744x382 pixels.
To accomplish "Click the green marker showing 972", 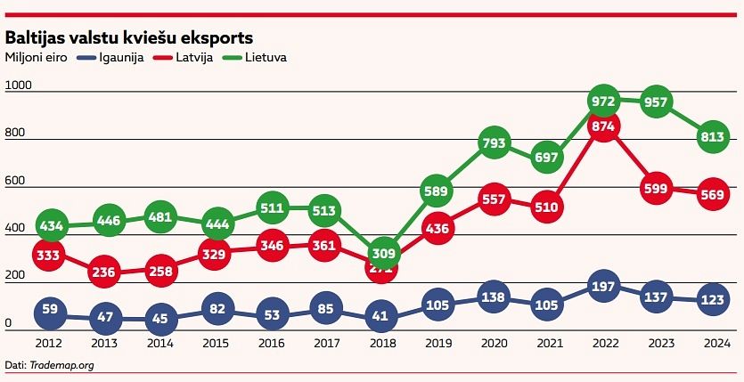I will coord(604,101).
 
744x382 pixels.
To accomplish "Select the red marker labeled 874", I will coord(604,127).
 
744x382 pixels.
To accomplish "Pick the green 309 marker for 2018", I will coord(383,255).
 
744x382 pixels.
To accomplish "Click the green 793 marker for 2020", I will coord(494,142).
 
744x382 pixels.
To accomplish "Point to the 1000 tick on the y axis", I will coord(18,85).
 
